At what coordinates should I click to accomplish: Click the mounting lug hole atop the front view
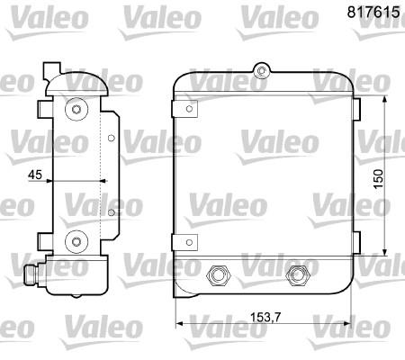pyautogui.click(x=261, y=69)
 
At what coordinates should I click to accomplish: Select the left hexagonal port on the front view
pyautogui.click(x=216, y=275)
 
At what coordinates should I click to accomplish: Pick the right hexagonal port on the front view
pyautogui.click(x=296, y=275)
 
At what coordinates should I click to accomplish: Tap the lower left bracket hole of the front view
pyautogui.click(x=191, y=240)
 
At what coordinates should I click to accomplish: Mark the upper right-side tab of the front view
pyautogui.click(x=355, y=113)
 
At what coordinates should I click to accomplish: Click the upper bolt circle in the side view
pyautogui.click(x=76, y=110)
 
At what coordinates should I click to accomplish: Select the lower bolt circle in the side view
pyautogui.click(x=76, y=240)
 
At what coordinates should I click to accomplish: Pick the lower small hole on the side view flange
pyautogui.click(x=110, y=211)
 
